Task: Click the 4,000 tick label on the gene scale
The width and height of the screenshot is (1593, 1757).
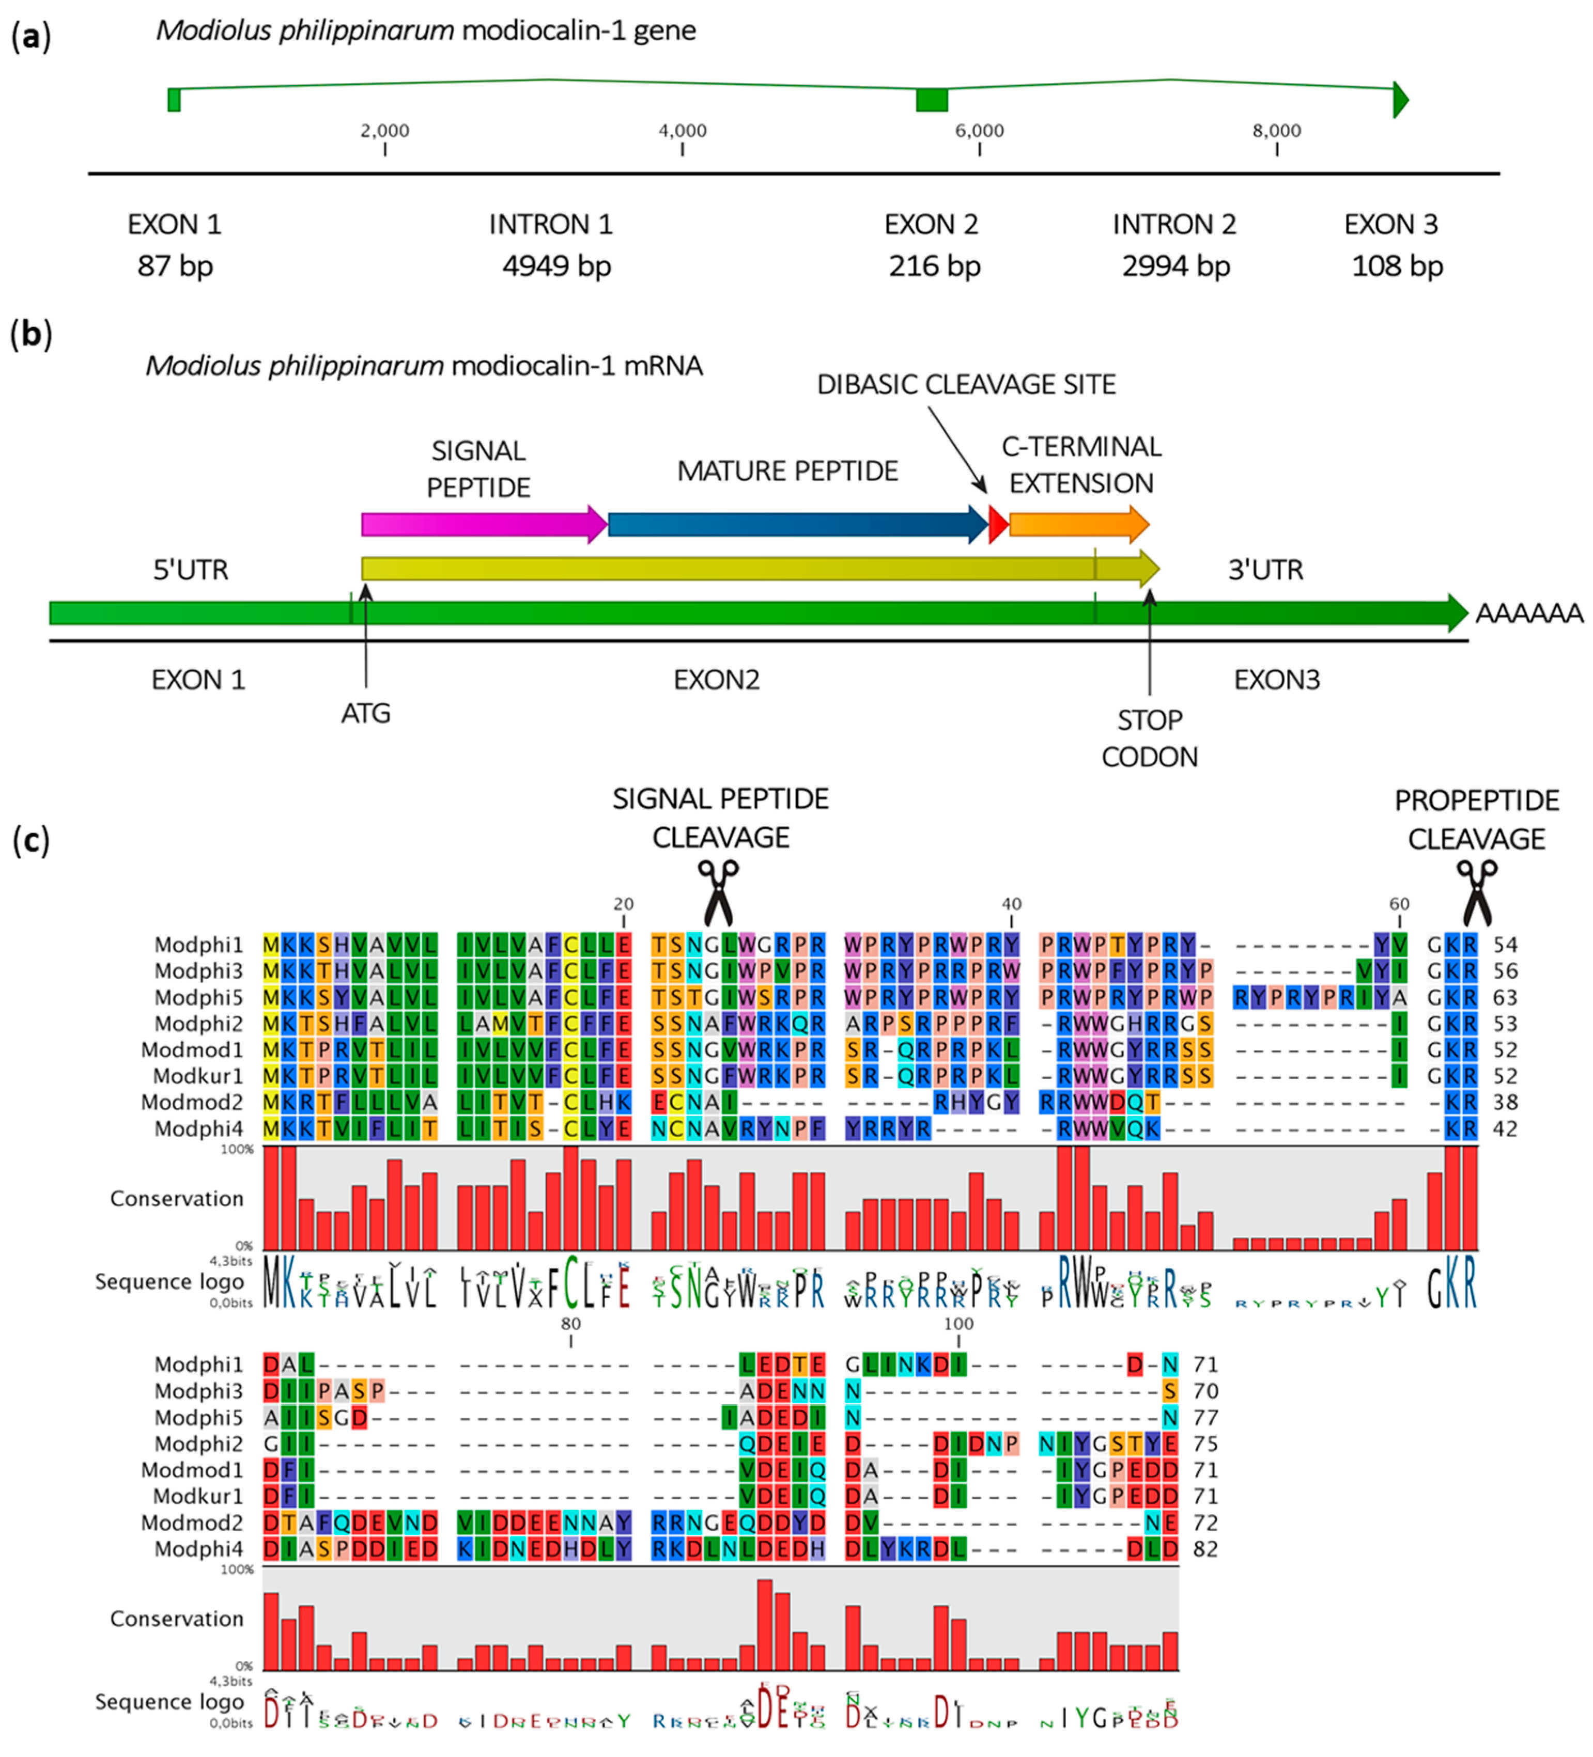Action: (682, 131)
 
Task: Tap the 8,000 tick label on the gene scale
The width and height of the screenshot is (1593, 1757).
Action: (1276, 131)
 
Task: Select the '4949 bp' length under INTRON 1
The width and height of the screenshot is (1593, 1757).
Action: (556, 266)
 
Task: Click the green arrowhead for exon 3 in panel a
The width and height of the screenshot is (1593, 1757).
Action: (1400, 99)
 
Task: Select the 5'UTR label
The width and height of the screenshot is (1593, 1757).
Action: (191, 570)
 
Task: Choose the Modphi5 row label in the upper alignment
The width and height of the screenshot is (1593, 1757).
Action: (199, 997)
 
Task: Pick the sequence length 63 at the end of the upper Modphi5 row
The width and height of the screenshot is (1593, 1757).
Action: (1506, 997)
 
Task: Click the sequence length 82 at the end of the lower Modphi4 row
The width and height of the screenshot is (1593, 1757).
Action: (1205, 1549)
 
